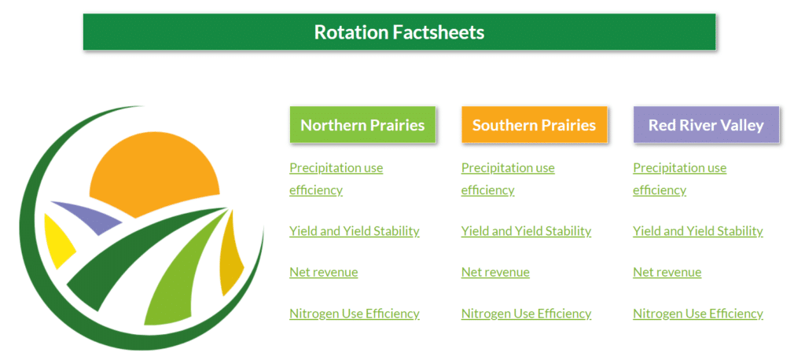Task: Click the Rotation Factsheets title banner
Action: (x=399, y=32)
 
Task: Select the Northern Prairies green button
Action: (x=362, y=125)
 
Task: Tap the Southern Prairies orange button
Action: (x=534, y=125)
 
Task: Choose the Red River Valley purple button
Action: (x=706, y=125)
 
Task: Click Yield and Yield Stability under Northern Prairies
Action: (x=355, y=231)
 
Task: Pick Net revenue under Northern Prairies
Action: (x=323, y=272)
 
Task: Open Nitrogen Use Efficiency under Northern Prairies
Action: (x=355, y=314)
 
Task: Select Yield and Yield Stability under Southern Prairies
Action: (x=526, y=231)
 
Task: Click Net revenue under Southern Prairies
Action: (x=495, y=272)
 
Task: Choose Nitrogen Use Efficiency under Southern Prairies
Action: (x=526, y=314)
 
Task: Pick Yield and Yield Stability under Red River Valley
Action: (x=698, y=231)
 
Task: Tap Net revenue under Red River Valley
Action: (x=667, y=272)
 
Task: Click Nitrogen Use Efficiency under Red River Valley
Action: (x=698, y=314)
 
